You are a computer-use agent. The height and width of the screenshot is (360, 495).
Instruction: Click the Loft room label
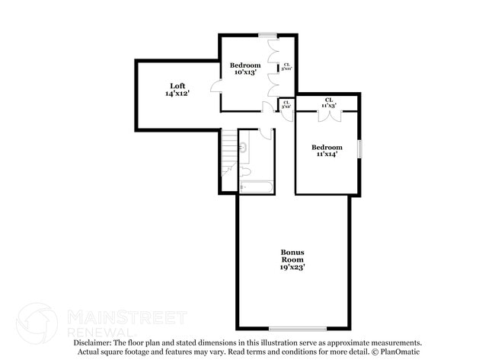[x=177, y=85]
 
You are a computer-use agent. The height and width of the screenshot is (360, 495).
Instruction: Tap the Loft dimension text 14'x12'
[x=177, y=93]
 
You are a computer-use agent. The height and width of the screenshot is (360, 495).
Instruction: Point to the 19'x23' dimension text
[x=292, y=267]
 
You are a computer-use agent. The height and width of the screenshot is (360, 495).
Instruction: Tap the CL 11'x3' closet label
[x=329, y=103]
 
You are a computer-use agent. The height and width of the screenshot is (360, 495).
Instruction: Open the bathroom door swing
[x=265, y=133]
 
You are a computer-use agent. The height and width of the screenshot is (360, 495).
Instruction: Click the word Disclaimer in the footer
[x=93, y=343]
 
